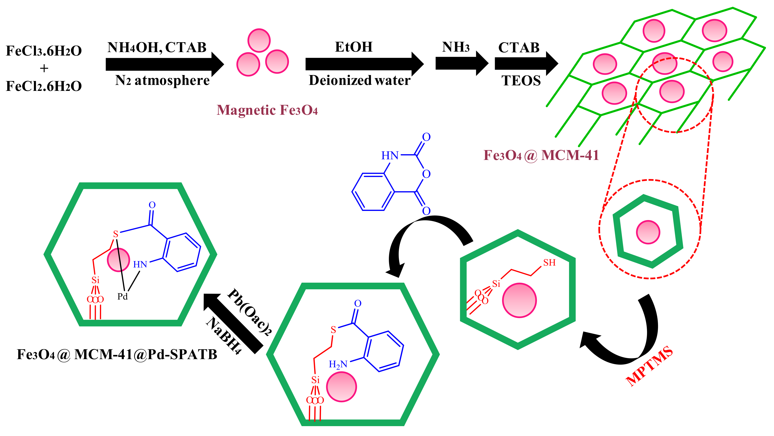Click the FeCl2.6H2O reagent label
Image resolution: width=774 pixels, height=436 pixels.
[x=44, y=86]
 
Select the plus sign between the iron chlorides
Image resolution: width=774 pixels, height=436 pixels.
[x=44, y=69]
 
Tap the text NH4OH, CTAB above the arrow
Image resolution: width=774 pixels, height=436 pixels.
[x=157, y=48]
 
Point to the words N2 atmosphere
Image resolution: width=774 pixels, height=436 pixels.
[x=162, y=80]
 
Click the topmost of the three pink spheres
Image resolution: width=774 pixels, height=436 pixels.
[x=259, y=41]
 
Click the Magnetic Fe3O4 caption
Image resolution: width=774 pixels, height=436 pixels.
[x=267, y=110]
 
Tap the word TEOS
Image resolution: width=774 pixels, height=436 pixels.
[x=521, y=81]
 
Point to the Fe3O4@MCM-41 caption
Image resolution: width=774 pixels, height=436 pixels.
[x=541, y=155]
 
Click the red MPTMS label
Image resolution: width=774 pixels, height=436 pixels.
[x=649, y=366]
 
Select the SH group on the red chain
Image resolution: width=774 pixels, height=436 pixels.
[x=549, y=263]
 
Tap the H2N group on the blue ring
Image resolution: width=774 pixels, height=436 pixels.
[x=338, y=364]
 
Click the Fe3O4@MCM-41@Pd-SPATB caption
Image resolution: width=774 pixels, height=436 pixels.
[x=117, y=355]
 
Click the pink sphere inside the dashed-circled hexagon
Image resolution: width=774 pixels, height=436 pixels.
[x=648, y=232]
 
